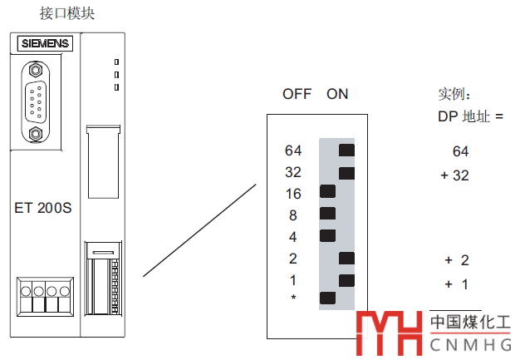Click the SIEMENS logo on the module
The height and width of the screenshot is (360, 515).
[x=45, y=43]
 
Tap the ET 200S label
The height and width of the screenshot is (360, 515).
[x=43, y=208]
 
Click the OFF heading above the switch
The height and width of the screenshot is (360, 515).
[x=297, y=94]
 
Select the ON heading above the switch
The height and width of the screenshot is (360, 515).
[x=337, y=94]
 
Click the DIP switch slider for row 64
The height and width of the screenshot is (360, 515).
[x=346, y=150]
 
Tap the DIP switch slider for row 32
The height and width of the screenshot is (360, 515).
[x=346, y=173]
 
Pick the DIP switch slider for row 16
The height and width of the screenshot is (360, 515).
[x=328, y=191]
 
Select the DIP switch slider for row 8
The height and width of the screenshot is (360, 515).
[x=328, y=214]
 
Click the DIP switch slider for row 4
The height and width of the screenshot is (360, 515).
[x=328, y=236]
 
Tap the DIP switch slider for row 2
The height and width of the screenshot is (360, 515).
[x=346, y=259]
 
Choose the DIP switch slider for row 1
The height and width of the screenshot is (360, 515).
[x=346, y=280]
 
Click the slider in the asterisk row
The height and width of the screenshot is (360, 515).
[x=328, y=298]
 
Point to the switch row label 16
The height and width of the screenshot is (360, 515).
[x=293, y=194]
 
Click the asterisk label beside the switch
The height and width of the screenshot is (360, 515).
[x=293, y=297]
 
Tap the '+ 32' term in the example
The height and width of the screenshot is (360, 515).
[x=455, y=175]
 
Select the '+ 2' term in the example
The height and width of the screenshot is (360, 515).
[x=457, y=260]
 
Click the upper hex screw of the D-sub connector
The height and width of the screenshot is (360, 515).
[x=35, y=70]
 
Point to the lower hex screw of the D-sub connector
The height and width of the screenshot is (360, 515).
[x=35, y=134]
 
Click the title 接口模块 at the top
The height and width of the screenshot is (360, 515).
[x=67, y=13]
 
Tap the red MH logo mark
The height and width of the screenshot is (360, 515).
[x=390, y=333]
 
